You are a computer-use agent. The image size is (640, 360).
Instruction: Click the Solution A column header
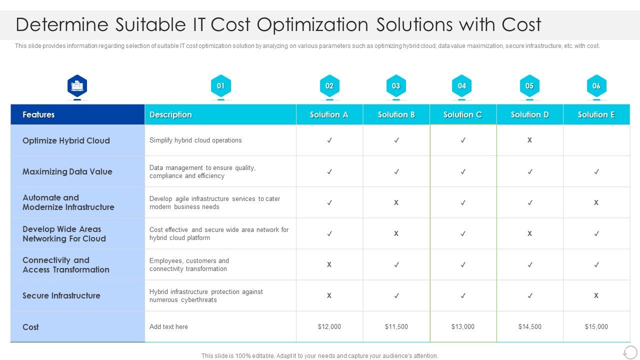[329, 114]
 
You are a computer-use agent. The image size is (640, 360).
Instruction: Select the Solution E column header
[596, 114]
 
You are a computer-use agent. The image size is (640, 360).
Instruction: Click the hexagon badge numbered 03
[396, 86]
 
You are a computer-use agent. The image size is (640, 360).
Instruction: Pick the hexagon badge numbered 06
[596, 86]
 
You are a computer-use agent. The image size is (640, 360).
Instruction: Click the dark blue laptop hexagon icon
[77, 86]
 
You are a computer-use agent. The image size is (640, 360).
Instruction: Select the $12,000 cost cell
[329, 326]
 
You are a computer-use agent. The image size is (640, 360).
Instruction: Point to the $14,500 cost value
[529, 326]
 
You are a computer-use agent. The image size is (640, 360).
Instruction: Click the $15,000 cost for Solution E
[596, 326]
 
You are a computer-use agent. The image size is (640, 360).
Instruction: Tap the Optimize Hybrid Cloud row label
[66, 140]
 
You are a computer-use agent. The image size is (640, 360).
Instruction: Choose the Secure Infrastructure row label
[61, 295]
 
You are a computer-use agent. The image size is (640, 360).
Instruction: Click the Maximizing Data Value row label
[67, 171]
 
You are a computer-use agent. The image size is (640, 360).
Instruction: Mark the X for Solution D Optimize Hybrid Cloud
[529, 140]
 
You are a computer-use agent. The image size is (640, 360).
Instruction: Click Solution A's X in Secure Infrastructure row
[329, 295]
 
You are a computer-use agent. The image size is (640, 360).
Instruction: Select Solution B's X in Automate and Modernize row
[396, 202]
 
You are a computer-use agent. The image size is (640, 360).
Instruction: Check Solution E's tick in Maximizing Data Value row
[596, 171]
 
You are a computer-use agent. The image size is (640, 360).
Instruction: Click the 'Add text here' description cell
[168, 326]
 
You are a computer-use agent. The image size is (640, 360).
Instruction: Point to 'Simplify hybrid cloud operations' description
[195, 140]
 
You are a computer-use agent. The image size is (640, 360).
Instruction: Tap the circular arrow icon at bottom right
[630, 351]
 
